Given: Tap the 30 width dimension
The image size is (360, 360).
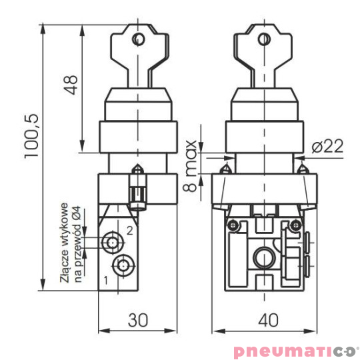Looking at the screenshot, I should (x=138, y=319).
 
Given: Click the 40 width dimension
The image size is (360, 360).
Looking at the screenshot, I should (x=267, y=319).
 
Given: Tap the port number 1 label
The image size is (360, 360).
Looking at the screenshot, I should (x=106, y=279).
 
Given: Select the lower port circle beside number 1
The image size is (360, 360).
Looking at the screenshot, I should (x=121, y=265).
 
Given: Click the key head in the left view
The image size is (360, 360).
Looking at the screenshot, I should (x=138, y=47).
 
